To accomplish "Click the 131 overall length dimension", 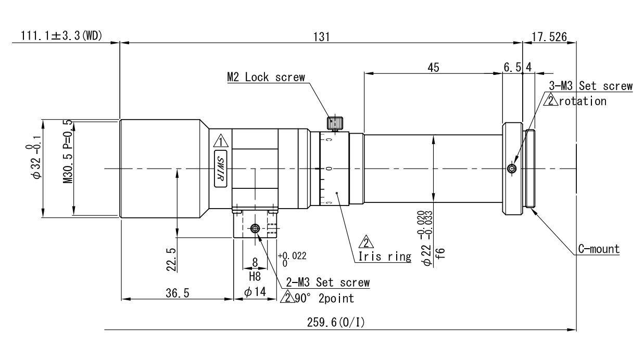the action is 321,37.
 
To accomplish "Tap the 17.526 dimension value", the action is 549,37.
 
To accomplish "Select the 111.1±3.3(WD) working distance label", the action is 61,36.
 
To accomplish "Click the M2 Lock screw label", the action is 266,78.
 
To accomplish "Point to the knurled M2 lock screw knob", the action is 335,123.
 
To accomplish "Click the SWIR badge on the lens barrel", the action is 221,169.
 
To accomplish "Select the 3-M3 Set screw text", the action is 590,86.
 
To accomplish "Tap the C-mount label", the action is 599,249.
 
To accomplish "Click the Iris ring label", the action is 385,256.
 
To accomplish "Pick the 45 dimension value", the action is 433,68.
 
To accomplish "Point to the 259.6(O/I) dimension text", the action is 336,323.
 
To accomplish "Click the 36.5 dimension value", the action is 178,293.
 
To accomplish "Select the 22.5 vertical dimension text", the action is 171,260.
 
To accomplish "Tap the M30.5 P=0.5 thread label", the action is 68,152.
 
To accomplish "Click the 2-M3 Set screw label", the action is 328,282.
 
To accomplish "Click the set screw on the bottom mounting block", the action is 255,229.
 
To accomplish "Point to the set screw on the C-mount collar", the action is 511,169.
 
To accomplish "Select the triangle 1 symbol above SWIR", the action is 221,141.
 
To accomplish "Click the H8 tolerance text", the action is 255,277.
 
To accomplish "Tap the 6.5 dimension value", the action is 512,68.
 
